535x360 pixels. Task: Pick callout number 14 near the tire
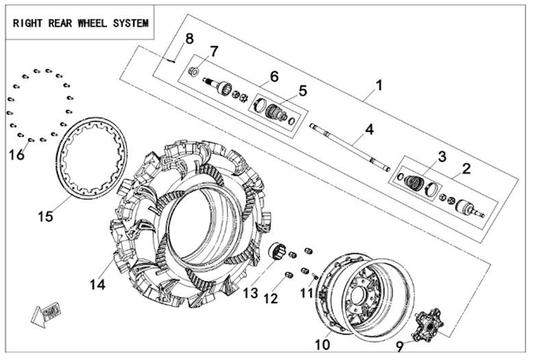pos(96,284)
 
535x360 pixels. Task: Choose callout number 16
pos(16,154)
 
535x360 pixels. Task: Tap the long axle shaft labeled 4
pos(351,146)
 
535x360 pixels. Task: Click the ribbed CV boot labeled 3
pos(413,183)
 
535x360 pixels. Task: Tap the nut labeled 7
pos(195,72)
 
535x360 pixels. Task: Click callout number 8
pos(189,39)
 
